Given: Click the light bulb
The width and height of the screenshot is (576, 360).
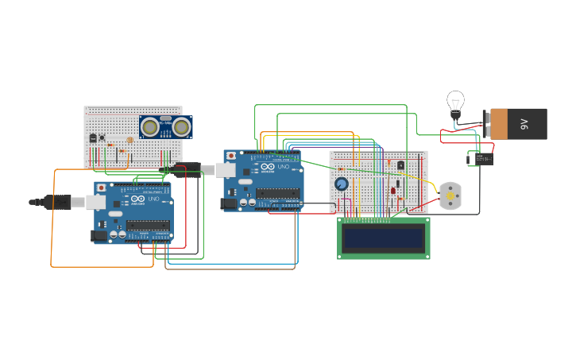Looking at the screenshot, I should pos(455,102).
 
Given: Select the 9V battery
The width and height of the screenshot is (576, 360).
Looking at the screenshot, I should pos(518,124).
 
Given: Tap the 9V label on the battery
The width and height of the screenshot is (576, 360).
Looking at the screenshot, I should pos(524,124).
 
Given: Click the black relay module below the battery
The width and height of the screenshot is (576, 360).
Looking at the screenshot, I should pos(482,158).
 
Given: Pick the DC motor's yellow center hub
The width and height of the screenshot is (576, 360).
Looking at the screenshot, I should pos(450,195).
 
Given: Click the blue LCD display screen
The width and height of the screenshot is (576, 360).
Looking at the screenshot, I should pos(384,238).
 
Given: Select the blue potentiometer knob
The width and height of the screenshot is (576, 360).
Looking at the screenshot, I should pos(342,184).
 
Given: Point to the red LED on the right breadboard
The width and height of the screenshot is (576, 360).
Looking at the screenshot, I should pos(392,190).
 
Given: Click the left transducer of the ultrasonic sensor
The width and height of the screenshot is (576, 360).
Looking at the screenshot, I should pos(150,126).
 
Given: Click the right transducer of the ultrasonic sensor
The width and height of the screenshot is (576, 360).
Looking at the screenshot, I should pos(182,126).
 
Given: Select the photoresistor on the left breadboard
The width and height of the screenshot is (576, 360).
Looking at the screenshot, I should pos(130,141).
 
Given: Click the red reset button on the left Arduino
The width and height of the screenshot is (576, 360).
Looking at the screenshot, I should pos(101,188).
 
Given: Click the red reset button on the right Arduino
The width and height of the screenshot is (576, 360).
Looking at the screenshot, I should pos(230,156).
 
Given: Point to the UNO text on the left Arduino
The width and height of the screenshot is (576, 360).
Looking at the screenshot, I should pos(153,199).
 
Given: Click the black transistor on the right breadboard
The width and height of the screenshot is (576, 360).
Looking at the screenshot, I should pos(400,165).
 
